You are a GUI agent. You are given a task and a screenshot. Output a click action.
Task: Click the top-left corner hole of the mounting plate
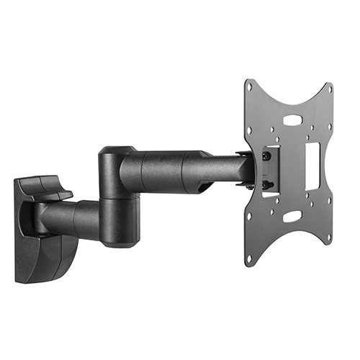[250, 88]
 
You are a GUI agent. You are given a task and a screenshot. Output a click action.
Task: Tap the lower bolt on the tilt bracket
[266, 185]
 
